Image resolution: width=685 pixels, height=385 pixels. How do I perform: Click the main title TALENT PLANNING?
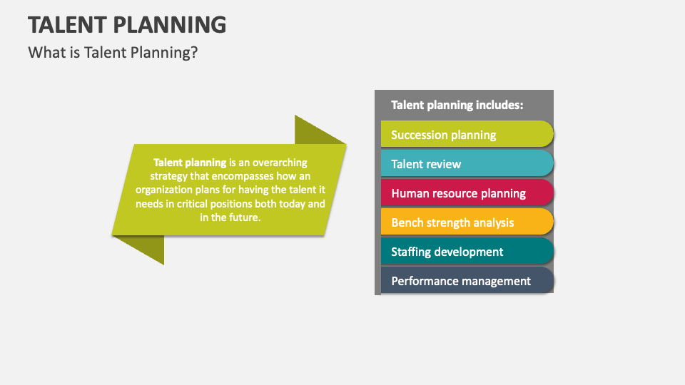tap(127, 24)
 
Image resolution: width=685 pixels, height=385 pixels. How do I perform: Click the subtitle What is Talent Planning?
tap(112, 53)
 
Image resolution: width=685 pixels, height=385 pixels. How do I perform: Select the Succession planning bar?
tap(467, 134)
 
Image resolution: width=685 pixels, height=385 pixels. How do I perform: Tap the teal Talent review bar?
tap(467, 163)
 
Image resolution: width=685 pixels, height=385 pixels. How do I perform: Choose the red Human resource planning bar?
tap(467, 192)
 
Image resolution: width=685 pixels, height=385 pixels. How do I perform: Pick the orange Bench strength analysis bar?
tap(467, 222)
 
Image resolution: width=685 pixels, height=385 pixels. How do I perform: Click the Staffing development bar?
tap(467, 251)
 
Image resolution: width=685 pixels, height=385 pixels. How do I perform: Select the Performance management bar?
tap(467, 280)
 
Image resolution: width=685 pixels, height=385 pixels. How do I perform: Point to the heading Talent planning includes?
tap(457, 105)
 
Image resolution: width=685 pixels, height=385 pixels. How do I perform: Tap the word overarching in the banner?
tap(278, 163)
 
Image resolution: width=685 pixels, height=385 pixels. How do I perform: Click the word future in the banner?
tap(245, 217)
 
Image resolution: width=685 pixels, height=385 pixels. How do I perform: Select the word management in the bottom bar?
tap(496, 281)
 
